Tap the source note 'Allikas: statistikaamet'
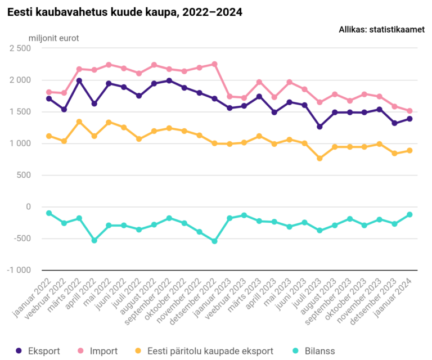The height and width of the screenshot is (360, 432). pyautogui.click(x=381, y=30)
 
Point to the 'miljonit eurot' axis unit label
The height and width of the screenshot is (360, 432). pyautogui.click(x=54, y=38)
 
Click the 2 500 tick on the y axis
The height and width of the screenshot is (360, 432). pyautogui.click(x=20, y=48)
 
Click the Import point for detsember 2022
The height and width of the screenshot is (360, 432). pyautogui.click(x=214, y=64)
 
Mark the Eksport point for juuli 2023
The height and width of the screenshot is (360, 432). pyautogui.click(x=319, y=127)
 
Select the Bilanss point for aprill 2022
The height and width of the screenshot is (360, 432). pyautogui.click(x=94, y=240)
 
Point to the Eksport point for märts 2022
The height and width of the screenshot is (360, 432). pyautogui.click(x=79, y=80)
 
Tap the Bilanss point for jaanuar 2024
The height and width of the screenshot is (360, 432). pyautogui.click(x=409, y=214)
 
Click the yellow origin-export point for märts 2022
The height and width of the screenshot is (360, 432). pyautogui.click(x=79, y=121)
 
